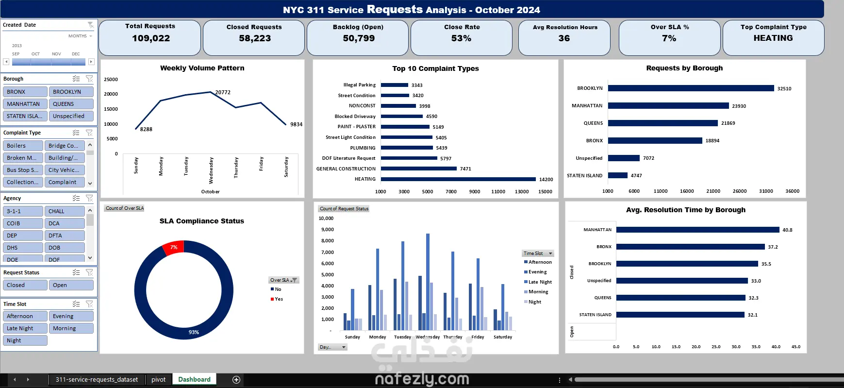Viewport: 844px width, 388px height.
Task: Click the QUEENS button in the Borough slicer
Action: [x=71, y=104]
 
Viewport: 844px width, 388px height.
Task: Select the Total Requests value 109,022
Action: [x=151, y=38]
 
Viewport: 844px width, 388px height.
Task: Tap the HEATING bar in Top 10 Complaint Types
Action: [x=458, y=179]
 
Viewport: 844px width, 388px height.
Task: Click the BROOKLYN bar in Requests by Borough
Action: [x=691, y=88]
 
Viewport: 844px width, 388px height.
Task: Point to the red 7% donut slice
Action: [x=173, y=247]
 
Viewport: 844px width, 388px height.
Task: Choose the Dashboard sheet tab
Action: [x=194, y=379]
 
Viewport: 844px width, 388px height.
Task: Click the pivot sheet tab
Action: [x=158, y=379]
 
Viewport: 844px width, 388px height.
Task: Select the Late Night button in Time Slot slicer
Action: [x=25, y=328]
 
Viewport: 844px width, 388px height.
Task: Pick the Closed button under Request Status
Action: [x=25, y=285]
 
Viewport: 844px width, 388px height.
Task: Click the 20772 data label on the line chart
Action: [x=223, y=92]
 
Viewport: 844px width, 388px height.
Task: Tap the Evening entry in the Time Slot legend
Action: [x=537, y=272]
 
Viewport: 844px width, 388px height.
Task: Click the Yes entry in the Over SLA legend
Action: [x=279, y=299]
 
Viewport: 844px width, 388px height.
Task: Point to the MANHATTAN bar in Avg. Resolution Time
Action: [x=697, y=230]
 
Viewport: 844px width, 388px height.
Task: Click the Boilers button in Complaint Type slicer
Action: [x=22, y=146]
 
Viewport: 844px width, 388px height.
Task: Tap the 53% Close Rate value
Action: [x=461, y=38]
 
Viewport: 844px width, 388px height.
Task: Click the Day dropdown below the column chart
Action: [x=332, y=347]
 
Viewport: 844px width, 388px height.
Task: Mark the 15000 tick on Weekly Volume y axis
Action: [x=111, y=109]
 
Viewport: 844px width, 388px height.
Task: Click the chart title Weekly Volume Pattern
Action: [x=202, y=68]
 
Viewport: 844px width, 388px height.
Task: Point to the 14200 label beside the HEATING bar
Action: [x=546, y=180]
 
